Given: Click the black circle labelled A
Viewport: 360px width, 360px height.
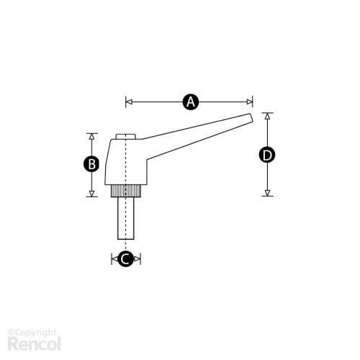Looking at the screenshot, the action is [191, 102].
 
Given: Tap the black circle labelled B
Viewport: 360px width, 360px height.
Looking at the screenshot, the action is [91, 164].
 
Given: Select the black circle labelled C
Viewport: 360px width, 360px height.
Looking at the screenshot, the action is [126, 258].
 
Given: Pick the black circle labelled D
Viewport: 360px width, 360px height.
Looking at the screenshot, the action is [267, 155].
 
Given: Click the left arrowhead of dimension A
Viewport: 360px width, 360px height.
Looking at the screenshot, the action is [129, 102].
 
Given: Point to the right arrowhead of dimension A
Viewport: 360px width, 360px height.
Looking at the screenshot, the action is [249, 102].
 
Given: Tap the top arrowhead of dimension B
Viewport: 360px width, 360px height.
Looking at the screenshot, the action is [91, 136].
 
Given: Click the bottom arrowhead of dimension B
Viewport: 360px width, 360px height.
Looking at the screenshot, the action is [91, 194].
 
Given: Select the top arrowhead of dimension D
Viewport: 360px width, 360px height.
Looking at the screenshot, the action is [267, 116].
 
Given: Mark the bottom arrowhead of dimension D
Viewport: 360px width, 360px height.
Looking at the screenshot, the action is [267, 193].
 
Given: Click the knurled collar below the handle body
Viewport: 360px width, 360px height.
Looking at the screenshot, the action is [126, 191].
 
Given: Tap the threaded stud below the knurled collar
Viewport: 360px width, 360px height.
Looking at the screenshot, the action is [126, 218].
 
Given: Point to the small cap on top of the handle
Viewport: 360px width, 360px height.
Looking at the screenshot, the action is [126, 137].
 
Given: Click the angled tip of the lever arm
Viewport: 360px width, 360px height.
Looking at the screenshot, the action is [250, 118].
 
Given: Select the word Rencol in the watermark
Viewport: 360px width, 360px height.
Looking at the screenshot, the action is [34, 343].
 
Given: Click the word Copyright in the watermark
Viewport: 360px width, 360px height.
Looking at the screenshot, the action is [35, 333].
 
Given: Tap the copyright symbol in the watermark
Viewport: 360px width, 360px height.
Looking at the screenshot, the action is [11, 333].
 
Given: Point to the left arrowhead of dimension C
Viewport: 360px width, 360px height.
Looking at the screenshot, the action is [114, 258].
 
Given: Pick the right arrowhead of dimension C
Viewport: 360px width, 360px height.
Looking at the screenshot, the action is [137, 258].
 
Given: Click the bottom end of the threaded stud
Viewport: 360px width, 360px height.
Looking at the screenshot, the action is [126, 239].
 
